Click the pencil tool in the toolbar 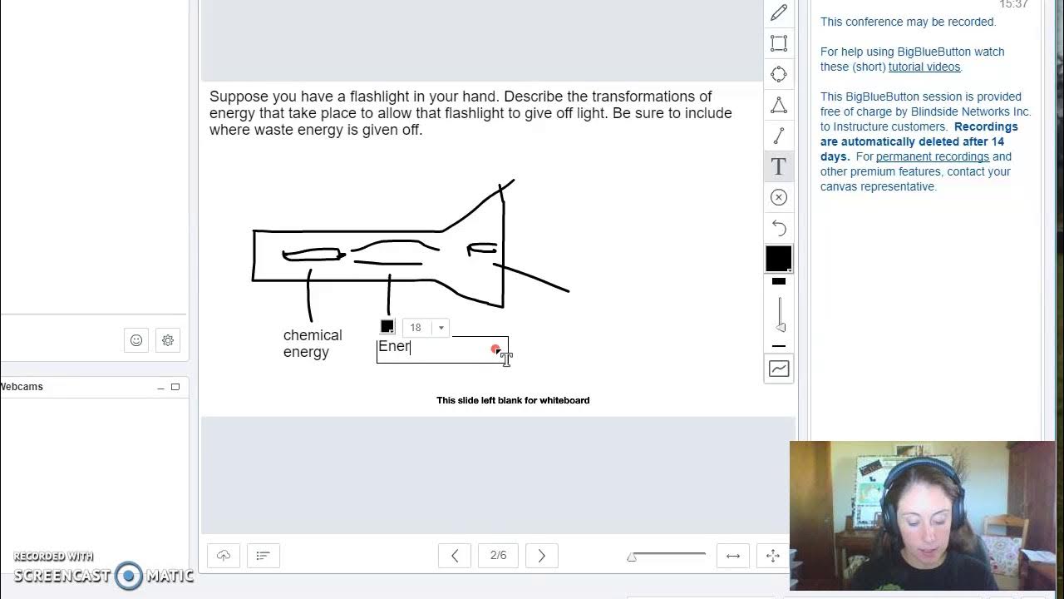click(779, 12)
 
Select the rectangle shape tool click(779, 43)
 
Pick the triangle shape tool click(779, 105)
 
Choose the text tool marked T click(779, 166)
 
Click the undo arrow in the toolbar click(779, 227)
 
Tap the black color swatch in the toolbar click(779, 259)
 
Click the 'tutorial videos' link click(924, 67)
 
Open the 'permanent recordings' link click(932, 156)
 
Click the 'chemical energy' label click(312, 344)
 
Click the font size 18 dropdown click(426, 328)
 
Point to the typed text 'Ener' click(394, 347)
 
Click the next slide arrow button click(541, 556)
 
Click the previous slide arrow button click(455, 556)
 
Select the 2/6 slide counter click(498, 556)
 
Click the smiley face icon click(136, 340)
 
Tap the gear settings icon click(168, 340)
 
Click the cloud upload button click(224, 556)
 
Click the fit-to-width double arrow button click(733, 556)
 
